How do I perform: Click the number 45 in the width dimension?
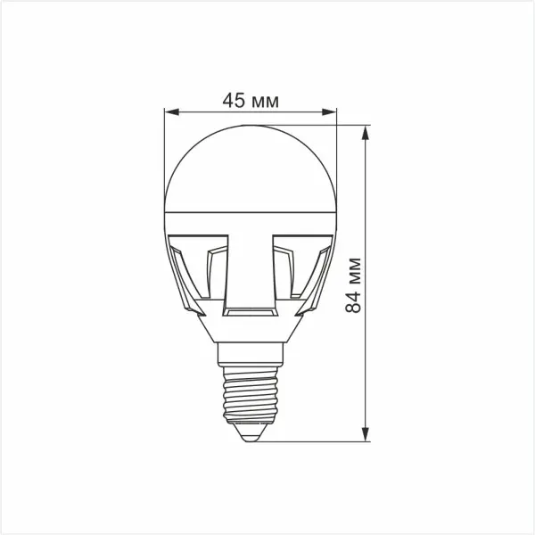pyautogui.click(x=234, y=100)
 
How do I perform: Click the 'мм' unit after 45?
pyautogui.click(x=266, y=102)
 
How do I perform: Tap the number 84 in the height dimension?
pyautogui.click(x=353, y=302)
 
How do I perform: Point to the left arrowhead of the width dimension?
pyautogui.click(x=171, y=112)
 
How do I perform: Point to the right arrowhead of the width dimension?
pyautogui.click(x=329, y=112)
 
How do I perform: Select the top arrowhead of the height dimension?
pyautogui.click(x=366, y=133)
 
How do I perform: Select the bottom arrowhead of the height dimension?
pyautogui.click(x=366, y=434)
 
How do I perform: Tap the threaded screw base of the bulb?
pyautogui.click(x=251, y=395)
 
